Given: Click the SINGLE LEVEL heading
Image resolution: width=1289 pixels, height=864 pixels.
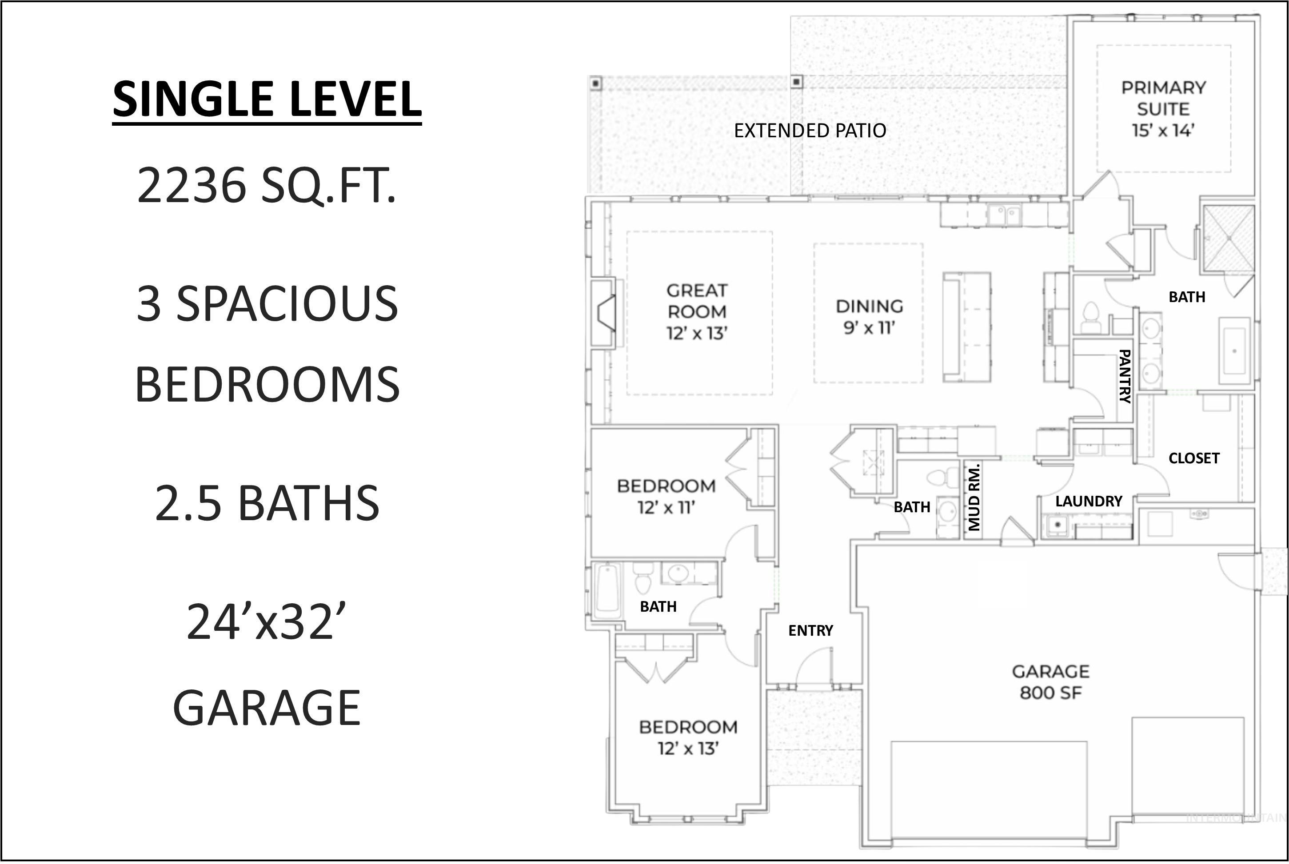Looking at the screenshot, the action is [267, 99].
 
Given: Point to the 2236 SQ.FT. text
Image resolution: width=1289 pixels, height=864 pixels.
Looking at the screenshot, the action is [267, 186].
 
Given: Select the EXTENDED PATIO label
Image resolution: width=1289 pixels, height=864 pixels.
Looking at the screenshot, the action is [810, 131].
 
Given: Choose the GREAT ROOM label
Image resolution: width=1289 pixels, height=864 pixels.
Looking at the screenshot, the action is [697, 312].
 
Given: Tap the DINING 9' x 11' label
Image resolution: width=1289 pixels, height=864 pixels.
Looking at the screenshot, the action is [869, 317].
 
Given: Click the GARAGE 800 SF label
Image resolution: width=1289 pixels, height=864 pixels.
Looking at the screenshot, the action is [1051, 681].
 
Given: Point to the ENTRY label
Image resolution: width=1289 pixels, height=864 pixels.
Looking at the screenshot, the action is [810, 630].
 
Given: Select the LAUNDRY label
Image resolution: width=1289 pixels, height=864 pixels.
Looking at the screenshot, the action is [1089, 501].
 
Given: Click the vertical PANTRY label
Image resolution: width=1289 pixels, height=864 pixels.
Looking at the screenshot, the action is [1125, 376].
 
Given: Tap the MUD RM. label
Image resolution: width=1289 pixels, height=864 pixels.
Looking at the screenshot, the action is [974, 497].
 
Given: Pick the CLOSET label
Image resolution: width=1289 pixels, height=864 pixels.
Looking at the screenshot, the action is [1193, 458].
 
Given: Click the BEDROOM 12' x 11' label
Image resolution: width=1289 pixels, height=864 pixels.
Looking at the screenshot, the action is [666, 497].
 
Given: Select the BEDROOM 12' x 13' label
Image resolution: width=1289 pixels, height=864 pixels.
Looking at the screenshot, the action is [688, 738].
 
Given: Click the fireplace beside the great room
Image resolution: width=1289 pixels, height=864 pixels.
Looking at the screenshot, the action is [604, 313].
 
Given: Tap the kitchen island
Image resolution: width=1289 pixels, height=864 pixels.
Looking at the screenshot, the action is [966, 327].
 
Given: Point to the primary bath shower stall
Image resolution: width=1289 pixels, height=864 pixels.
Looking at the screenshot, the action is [1229, 239].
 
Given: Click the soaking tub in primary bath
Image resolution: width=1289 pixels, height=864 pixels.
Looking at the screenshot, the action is [1234, 350].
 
